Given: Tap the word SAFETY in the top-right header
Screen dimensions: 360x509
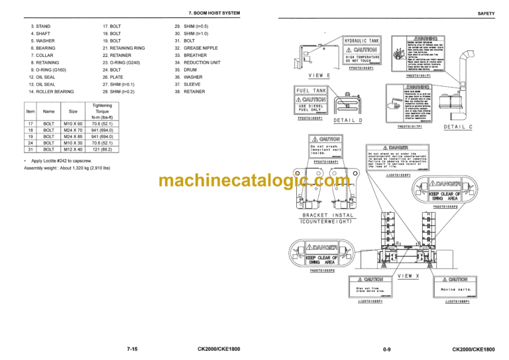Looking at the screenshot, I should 485,13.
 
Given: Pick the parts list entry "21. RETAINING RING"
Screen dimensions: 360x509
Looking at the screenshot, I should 123,48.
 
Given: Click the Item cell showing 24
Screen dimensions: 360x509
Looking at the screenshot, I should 30,143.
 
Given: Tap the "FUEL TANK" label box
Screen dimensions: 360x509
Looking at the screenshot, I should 311,90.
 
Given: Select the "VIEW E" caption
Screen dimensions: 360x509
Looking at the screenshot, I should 319,76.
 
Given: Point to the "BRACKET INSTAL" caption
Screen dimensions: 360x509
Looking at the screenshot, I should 328,215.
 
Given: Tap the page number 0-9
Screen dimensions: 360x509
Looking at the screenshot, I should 388,349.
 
